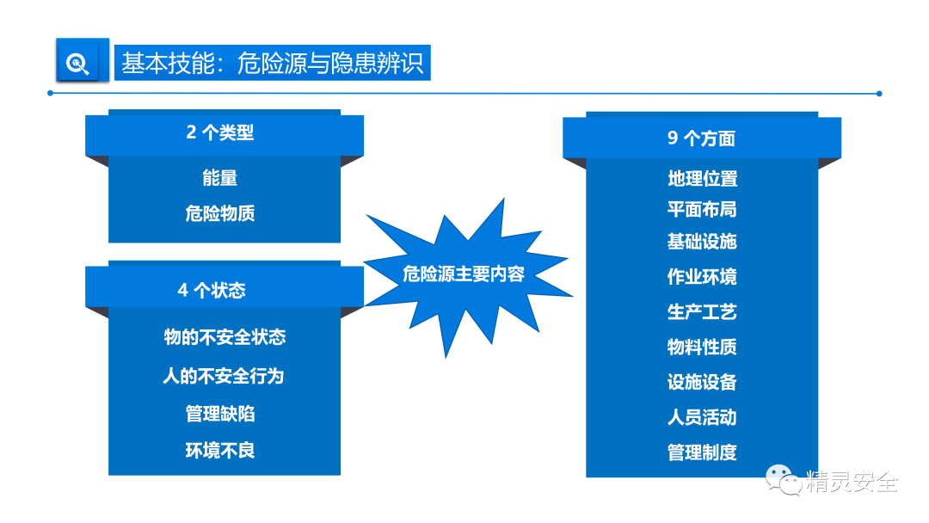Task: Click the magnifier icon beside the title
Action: [x=78, y=64]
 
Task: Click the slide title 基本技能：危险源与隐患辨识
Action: [x=273, y=64]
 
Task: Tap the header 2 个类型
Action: [x=220, y=133]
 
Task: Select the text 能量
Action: [x=220, y=178]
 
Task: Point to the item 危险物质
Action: [x=220, y=213]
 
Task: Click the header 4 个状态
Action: [x=212, y=291]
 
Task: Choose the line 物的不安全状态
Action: [x=225, y=337]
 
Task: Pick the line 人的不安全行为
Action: [x=224, y=376]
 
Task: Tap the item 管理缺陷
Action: [x=220, y=414]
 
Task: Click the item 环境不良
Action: [x=220, y=451]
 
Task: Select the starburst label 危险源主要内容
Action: [x=464, y=274]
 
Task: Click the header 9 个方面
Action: [x=701, y=138]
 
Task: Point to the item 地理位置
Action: [x=702, y=179]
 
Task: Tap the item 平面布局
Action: [x=702, y=210]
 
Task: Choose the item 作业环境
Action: [x=702, y=277]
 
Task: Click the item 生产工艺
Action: [x=702, y=311]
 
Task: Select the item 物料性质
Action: [x=702, y=348]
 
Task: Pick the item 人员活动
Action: [x=702, y=418]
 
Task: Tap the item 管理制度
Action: [x=702, y=452]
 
